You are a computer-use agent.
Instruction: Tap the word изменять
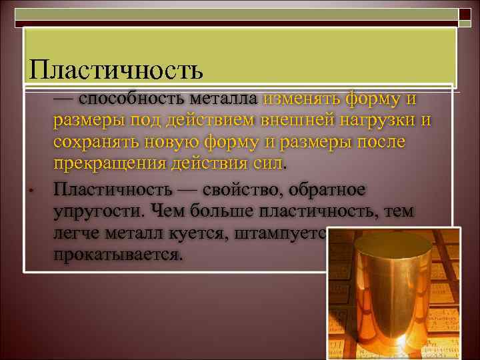click(x=301, y=99)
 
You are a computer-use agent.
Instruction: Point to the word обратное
click(x=331, y=189)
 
